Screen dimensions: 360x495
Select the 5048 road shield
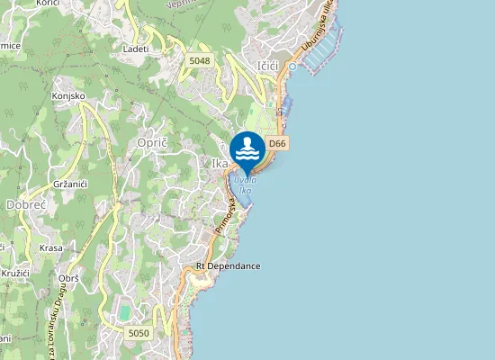click(200, 60)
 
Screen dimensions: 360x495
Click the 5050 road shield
click(138, 333)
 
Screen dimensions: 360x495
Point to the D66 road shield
click(277, 143)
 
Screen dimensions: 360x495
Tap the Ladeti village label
click(136, 48)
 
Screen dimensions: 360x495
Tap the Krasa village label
click(51, 247)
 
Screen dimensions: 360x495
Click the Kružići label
click(14, 270)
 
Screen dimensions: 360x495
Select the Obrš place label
click(68, 279)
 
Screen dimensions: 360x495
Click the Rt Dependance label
click(228, 266)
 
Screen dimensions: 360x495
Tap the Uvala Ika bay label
click(243, 184)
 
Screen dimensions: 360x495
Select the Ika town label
click(219, 164)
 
